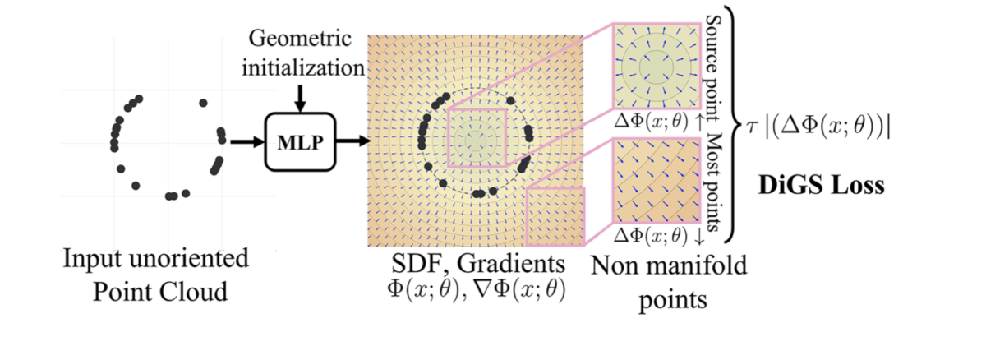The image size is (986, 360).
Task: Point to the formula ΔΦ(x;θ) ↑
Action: tap(657, 121)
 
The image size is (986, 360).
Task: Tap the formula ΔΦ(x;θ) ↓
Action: tap(657, 235)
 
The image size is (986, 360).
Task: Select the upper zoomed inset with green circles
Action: tap(655, 72)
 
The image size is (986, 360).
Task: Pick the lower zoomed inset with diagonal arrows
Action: tap(655, 182)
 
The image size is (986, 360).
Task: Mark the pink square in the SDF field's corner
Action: tap(555, 216)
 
